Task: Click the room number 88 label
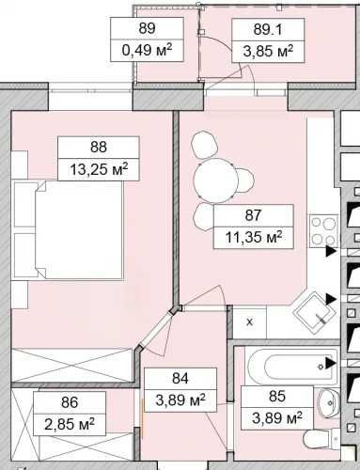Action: click(99, 147)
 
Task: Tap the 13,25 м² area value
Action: click(99, 169)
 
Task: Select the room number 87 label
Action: click(253, 215)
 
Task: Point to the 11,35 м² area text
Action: click(254, 237)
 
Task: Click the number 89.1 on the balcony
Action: click(268, 30)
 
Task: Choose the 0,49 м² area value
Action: click(147, 50)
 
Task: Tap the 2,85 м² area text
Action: click(70, 424)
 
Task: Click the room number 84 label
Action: click(180, 379)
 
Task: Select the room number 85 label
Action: click(277, 396)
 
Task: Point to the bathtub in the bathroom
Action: click(292, 366)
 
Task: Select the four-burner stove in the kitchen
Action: click(323, 231)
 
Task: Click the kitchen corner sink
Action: click(314, 314)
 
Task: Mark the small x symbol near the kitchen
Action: click(250, 322)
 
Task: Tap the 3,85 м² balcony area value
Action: click(268, 51)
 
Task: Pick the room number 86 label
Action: click(70, 402)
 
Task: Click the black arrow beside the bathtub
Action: click(331, 363)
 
